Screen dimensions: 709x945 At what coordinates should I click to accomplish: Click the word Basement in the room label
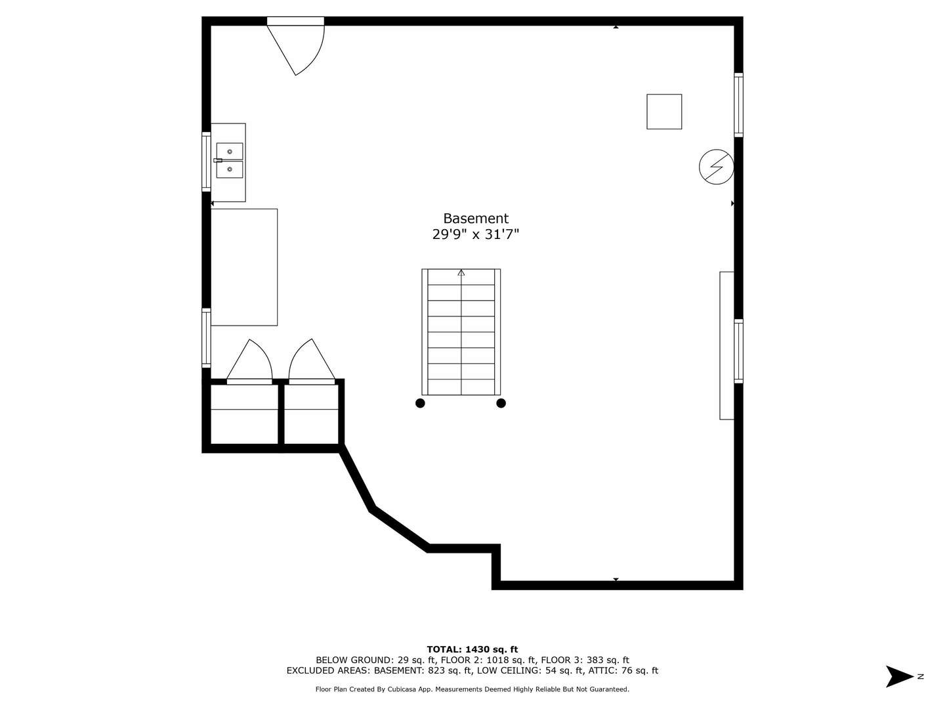pos(475,219)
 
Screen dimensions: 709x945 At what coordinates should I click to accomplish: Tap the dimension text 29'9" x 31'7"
pos(475,234)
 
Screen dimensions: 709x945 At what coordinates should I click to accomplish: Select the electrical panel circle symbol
pos(716,167)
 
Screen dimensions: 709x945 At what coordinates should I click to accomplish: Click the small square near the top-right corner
pos(664,112)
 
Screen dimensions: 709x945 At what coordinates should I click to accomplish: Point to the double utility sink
pos(229,161)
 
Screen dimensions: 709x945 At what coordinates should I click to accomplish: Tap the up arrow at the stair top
pos(461,272)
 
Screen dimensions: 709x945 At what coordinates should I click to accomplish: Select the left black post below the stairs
pos(420,403)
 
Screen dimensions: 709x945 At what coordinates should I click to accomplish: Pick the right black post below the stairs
pos(501,403)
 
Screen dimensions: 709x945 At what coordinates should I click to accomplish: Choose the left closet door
pos(249,362)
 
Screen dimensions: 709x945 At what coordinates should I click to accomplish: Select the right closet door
pos(312,362)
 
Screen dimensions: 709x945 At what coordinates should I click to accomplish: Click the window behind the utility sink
pos(206,161)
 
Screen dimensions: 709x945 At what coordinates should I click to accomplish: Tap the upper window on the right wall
pos(738,105)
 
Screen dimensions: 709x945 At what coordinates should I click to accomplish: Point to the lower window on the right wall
pos(738,351)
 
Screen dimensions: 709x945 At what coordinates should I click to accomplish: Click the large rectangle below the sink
pos(243,267)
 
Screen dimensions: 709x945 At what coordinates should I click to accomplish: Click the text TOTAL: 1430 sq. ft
pos(472,649)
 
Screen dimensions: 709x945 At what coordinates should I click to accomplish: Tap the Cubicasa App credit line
pos(472,689)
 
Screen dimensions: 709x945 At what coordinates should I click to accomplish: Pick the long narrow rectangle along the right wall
pos(726,345)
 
